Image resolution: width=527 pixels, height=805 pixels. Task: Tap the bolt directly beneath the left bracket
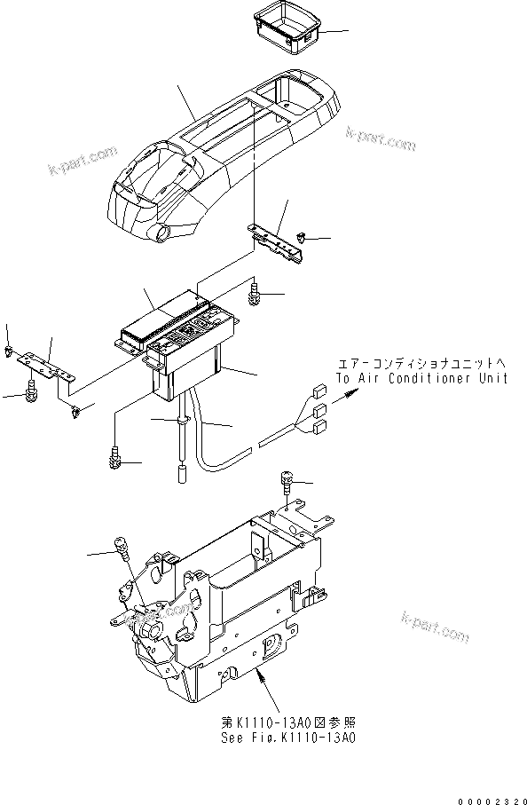pyautogui.click(x=33, y=390)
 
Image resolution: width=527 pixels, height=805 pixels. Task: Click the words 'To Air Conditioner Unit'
pyautogui.click(x=421, y=379)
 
